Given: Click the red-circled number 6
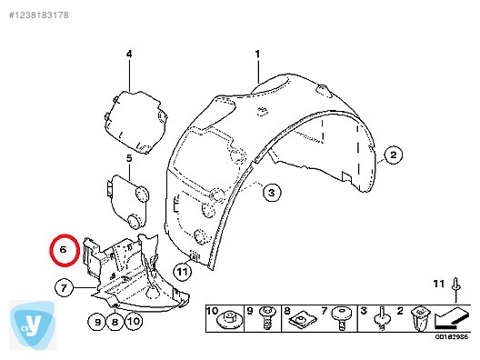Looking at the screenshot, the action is (64, 248).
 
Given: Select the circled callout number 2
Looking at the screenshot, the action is (394, 155).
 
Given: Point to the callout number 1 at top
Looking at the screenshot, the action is (257, 54).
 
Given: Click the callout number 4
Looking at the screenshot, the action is (129, 55).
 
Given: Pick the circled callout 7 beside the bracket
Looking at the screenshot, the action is (63, 289).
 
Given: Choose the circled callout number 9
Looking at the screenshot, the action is (97, 320).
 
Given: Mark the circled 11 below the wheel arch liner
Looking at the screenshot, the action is (184, 270).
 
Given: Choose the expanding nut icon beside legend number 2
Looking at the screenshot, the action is (419, 319).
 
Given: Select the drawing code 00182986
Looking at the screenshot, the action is (451, 337).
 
